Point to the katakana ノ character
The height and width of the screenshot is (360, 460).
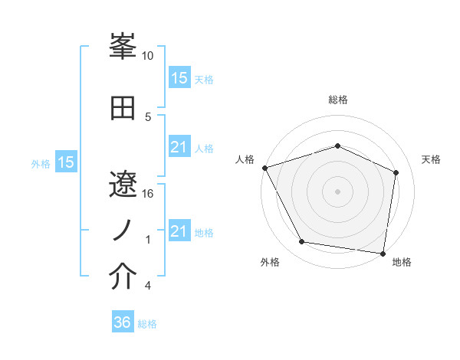pyautogui.click(x=123, y=231)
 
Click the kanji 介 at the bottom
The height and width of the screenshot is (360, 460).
pyautogui.click(x=123, y=277)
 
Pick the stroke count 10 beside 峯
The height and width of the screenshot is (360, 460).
pyautogui.click(x=148, y=56)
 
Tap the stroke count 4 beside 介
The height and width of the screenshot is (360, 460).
pyautogui.click(x=148, y=286)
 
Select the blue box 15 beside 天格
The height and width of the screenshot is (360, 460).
pyautogui.click(x=179, y=77)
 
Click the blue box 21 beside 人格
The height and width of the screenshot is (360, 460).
pyautogui.click(x=179, y=147)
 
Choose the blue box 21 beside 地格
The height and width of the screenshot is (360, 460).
pyautogui.click(x=179, y=231)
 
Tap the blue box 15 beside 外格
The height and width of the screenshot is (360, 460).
pyautogui.click(x=65, y=162)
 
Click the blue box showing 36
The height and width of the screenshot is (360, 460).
pyautogui.click(x=122, y=322)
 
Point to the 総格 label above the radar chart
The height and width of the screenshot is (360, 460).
pyautogui.click(x=337, y=100)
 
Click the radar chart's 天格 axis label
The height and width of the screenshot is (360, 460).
pyautogui.click(x=431, y=159)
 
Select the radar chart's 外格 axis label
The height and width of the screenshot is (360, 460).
pyautogui.click(x=270, y=262)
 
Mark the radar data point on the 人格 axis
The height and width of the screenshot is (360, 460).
pyautogui.click(x=264, y=168)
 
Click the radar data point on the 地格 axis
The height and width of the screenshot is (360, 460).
pyautogui.click(x=383, y=253)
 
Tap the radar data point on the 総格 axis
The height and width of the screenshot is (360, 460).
pyautogui.click(x=337, y=146)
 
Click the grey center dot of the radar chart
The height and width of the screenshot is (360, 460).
pyautogui.click(x=337, y=191)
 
